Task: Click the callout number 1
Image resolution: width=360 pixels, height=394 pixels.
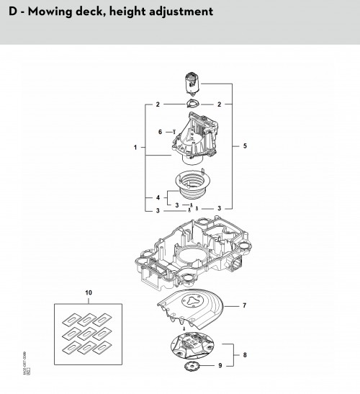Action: click(x=135, y=148)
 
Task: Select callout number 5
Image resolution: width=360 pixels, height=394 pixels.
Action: click(x=245, y=146)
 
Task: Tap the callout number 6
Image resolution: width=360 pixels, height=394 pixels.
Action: click(x=160, y=132)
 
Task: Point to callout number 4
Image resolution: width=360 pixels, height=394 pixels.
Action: click(x=157, y=197)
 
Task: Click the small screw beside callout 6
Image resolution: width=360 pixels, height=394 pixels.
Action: click(x=173, y=132)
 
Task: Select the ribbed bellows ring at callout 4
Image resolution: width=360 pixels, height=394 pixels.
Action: click(x=191, y=189)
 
